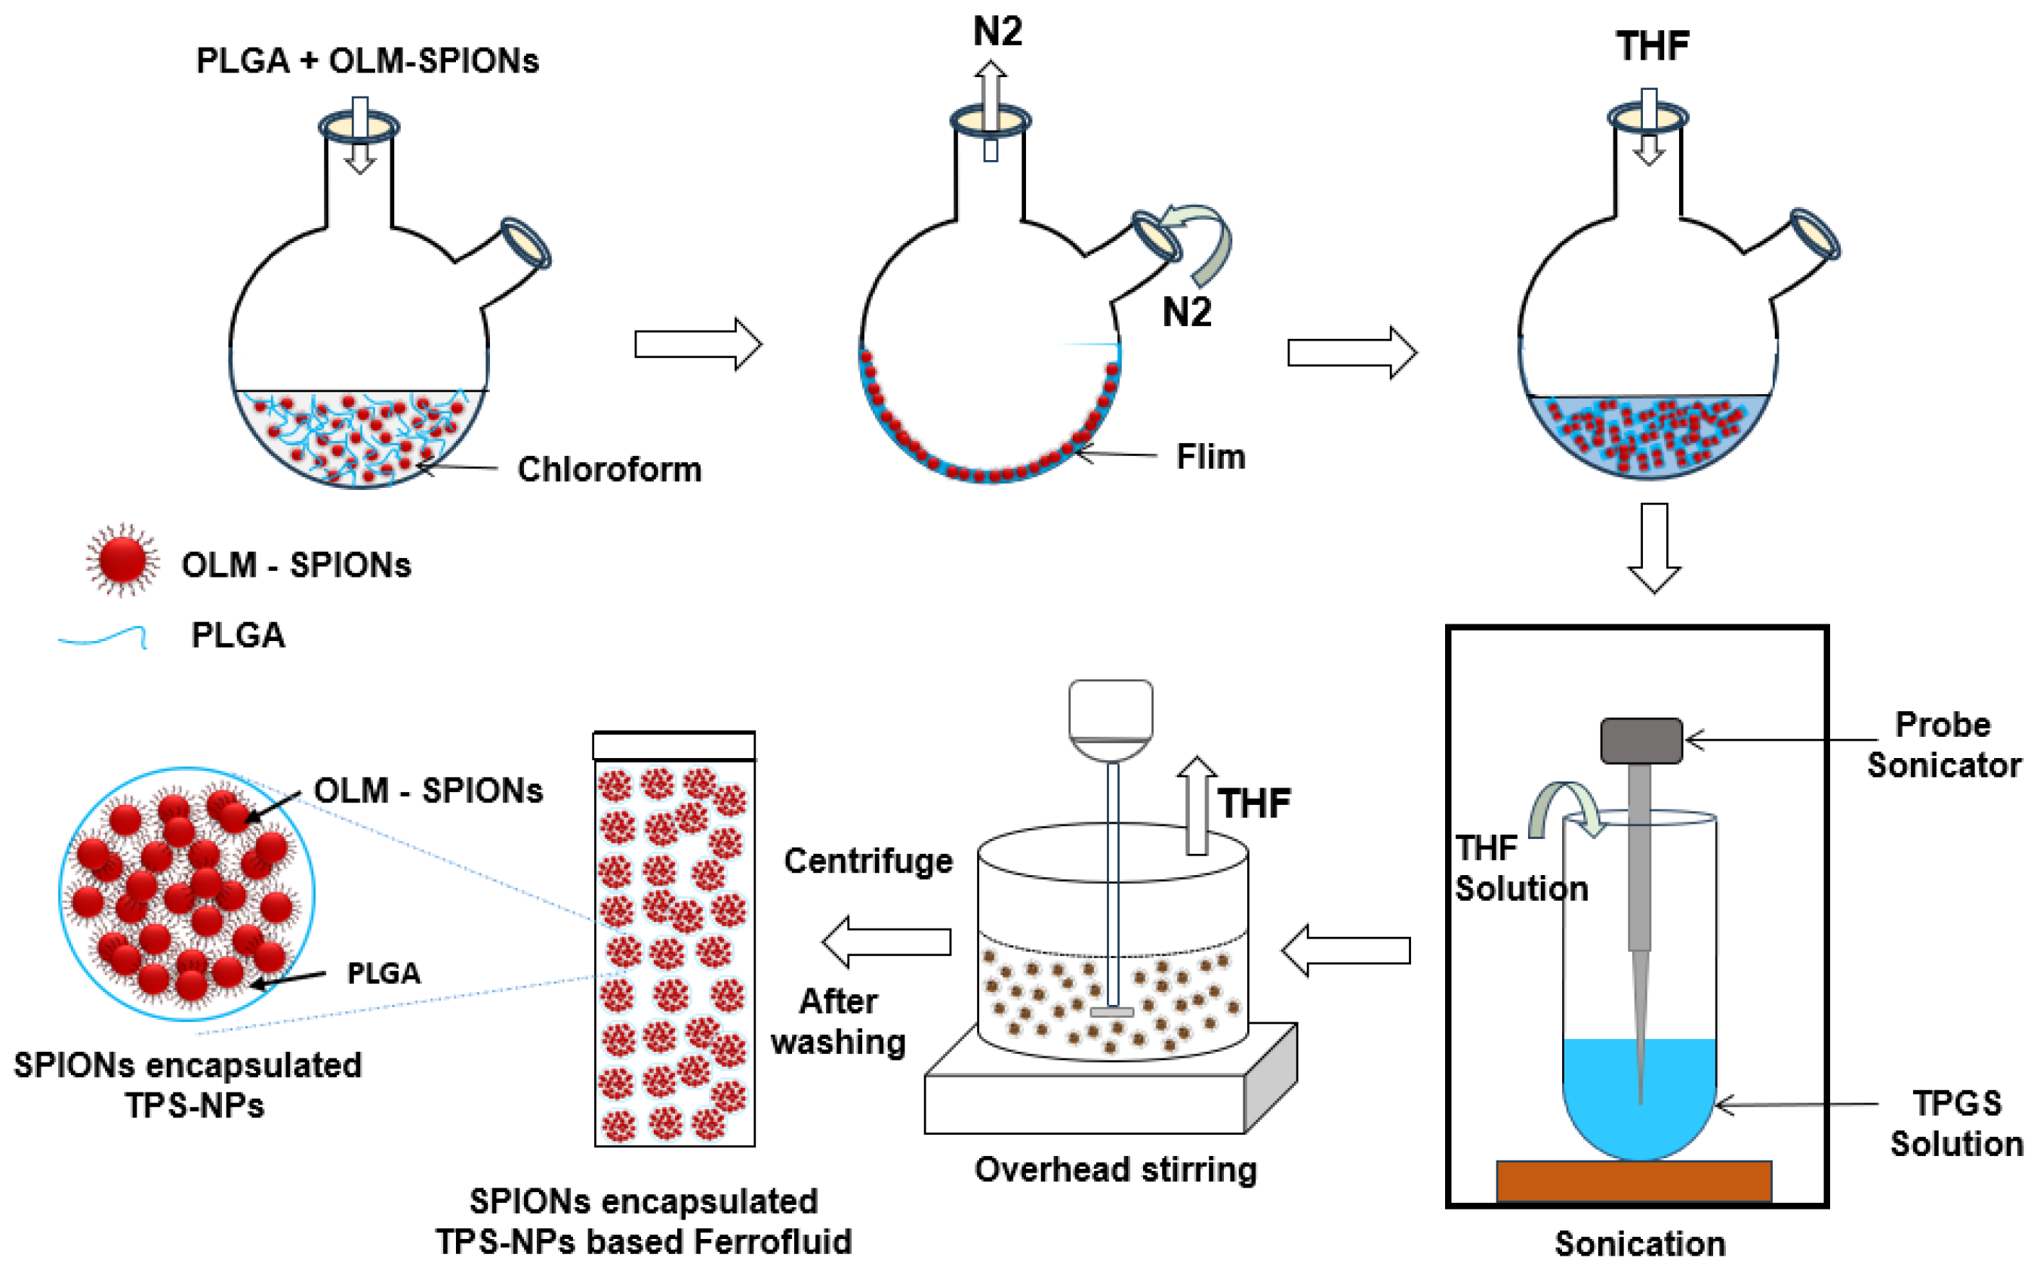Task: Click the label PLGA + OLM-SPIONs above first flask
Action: tap(367, 61)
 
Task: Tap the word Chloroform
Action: tap(609, 470)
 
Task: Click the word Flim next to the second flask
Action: tap(1210, 457)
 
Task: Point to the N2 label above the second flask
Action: tap(998, 32)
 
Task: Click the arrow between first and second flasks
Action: tap(697, 344)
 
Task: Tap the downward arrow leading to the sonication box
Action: tap(1653, 547)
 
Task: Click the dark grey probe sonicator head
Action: tap(1641, 741)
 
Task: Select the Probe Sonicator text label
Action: tap(1943, 744)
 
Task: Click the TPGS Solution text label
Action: tap(1956, 1123)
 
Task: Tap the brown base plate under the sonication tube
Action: tap(1633, 1181)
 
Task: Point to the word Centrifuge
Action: tap(867, 861)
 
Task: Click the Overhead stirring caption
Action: tap(1114, 1170)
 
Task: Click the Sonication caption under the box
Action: tap(1639, 1244)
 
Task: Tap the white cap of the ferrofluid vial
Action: tap(673, 746)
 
